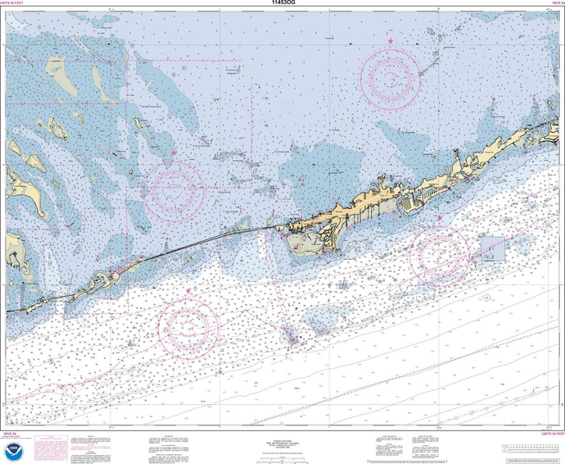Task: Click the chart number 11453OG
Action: click(x=282, y=3)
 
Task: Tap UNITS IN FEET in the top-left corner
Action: click(x=18, y=3)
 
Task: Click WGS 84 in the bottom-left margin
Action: click(x=11, y=434)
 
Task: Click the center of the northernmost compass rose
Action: click(x=391, y=80)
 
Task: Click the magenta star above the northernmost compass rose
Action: click(x=391, y=40)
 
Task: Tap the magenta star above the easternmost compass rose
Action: click(x=440, y=218)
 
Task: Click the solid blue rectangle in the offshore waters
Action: click(x=493, y=249)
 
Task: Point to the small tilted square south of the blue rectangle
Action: click(x=486, y=298)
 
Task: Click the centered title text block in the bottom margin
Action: click(x=282, y=443)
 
